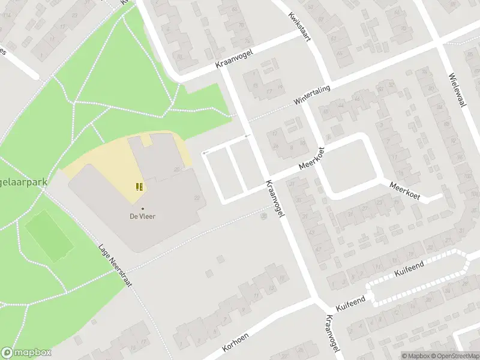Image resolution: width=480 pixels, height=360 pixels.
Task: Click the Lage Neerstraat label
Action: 115,265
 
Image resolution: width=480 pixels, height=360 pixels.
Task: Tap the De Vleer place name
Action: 143,217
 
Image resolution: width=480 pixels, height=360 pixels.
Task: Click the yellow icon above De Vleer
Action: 140,187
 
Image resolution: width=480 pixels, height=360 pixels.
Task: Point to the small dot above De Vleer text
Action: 143,209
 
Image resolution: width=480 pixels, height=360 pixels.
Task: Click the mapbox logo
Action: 26,353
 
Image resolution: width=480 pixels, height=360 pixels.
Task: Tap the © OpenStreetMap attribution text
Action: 454,356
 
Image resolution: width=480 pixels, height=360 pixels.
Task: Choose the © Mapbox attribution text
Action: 415,356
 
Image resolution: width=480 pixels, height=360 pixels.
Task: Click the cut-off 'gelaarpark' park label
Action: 24,181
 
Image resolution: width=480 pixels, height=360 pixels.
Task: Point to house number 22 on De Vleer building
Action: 197,199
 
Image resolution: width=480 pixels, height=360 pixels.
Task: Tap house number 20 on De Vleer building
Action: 176,170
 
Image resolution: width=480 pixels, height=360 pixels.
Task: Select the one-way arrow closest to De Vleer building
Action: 205,154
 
